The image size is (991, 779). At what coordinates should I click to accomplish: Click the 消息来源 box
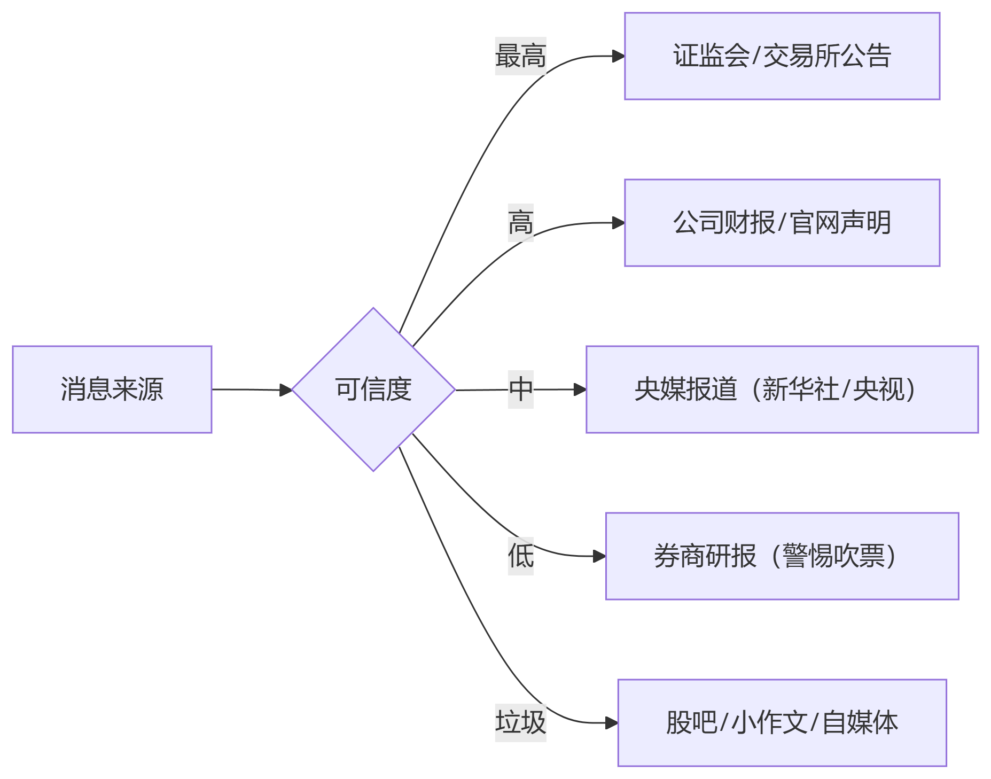(x=112, y=389)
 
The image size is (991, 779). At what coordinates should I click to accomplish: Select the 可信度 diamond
(x=373, y=389)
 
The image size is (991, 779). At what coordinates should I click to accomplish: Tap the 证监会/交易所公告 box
(x=782, y=56)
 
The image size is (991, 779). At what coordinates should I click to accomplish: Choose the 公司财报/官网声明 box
(x=782, y=223)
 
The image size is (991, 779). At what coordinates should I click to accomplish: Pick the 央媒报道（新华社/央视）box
(x=782, y=389)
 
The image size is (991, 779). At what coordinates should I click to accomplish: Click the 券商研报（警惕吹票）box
(x=782, y=556)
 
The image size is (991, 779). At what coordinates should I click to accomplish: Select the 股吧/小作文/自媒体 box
(x=782, y=723)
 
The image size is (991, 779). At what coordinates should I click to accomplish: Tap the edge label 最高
(x=520, y=56)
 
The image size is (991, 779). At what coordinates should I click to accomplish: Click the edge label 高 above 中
(x=520, y=223)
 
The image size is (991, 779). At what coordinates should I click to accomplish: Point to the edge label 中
(x=520, y=389)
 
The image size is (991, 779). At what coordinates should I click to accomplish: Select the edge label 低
(x=520, y=556)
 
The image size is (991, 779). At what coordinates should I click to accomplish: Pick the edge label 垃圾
(x=520, y=723)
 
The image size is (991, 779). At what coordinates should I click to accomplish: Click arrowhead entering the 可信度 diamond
(x=286, y=390)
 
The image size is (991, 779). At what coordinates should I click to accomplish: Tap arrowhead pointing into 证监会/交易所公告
(x=619, y=56)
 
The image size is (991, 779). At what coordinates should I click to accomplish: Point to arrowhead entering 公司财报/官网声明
(x=619, y=223)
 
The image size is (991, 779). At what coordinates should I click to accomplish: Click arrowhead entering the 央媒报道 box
(x=580, y=389)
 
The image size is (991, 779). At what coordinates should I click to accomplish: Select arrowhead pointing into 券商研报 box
(x=599, y=556)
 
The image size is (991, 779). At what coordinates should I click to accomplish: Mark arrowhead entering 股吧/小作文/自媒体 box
(x=612, y=723)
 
